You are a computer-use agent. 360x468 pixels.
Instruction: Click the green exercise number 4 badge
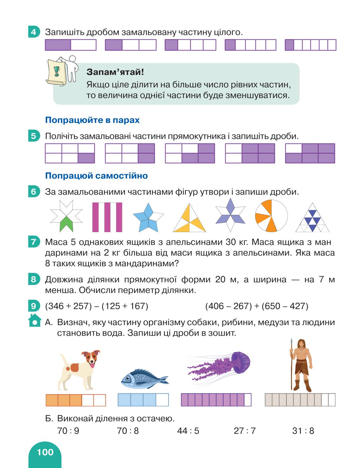click(x=34, y=32)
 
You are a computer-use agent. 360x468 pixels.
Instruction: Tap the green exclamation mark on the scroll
click(x=57, y=71)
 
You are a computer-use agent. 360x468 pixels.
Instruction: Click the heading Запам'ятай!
click(x=115, y=72)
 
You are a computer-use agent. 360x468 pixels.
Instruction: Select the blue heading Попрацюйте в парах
click(x=92, y=120)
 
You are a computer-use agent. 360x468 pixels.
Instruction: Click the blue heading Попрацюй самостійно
click(x=97, y=176)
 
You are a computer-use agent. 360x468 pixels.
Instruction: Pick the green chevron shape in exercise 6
click(x=66, y=224)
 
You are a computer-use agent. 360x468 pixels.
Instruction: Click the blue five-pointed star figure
click(x=148, y=217)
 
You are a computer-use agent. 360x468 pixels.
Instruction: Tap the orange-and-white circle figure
click(x=271, y=216)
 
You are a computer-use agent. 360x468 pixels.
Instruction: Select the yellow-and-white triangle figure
click(x=189, y=218)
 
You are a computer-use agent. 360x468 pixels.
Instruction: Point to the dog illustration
click(x=78, y=370)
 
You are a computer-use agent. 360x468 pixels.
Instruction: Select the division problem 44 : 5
click(x=188, y=431)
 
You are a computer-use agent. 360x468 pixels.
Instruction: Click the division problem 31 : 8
click(x=303, y=431)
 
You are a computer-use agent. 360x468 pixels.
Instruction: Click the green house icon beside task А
click(x=34, y=321)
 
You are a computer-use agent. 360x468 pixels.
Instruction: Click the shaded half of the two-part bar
click(x=58, y=45)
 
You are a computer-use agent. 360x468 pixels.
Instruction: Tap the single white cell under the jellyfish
click(x=248, y=400)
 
